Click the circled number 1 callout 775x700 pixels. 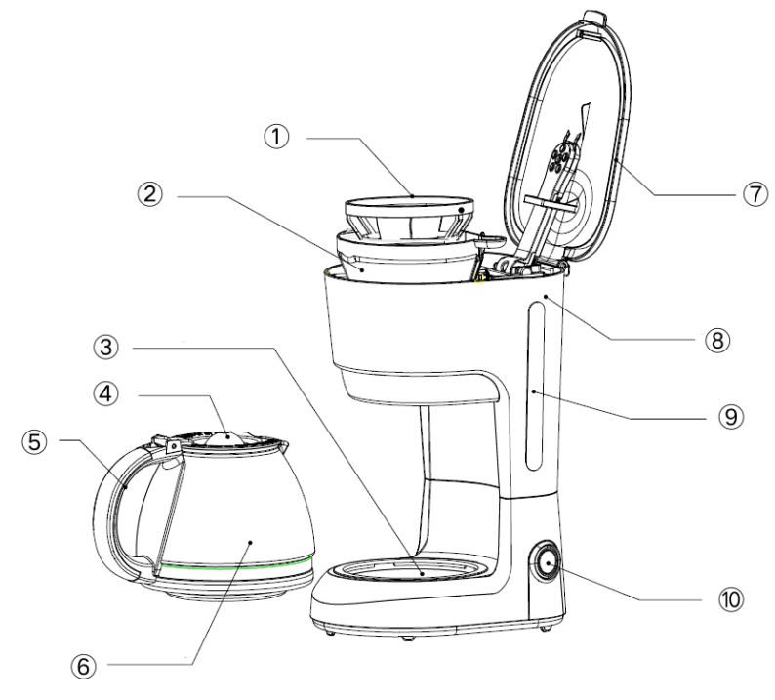280,139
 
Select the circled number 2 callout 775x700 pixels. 148,193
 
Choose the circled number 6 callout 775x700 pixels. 80,665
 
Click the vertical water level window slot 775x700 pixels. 533,386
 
